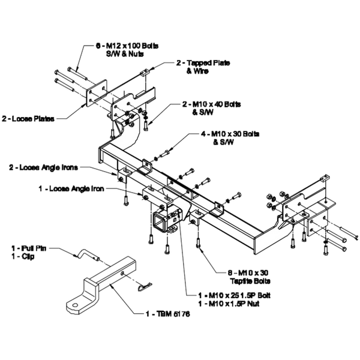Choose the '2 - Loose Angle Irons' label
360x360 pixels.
tap(44, 166)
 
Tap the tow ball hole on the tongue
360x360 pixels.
tap(75, 306)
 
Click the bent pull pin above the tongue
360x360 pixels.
tap(84, 254)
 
